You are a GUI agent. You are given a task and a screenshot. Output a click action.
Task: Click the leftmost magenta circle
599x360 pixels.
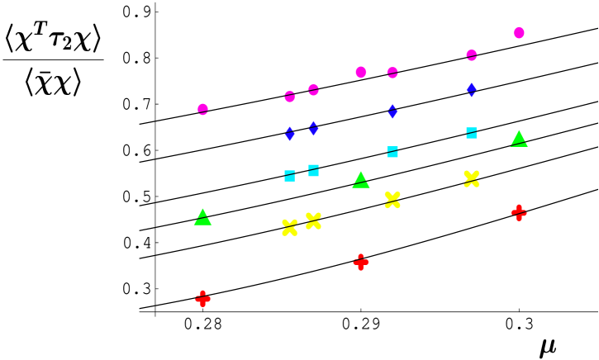coord(202,109)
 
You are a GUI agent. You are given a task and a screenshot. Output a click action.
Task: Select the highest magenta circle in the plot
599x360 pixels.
coord(519,33)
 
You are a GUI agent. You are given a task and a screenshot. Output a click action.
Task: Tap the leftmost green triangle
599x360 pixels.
coord(202,217)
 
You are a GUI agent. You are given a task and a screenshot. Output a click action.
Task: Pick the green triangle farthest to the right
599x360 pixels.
coord(519,139)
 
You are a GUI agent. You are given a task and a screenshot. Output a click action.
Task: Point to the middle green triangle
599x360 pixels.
coord(361,180)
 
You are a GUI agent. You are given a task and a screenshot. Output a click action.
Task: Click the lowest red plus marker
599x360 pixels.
coord(202,299)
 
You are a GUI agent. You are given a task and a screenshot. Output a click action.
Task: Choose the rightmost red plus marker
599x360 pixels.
coord(519,213)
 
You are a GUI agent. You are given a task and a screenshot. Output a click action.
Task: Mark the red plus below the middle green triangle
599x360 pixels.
coord(361,263)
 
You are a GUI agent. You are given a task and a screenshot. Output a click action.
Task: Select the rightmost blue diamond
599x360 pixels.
coord(471,89)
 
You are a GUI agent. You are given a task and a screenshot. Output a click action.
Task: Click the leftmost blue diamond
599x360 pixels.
coord(289,134)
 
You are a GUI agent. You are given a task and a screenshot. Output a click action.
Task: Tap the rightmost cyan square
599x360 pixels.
coord(471,133)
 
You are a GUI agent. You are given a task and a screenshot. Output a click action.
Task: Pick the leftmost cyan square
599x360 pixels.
coord(289,176)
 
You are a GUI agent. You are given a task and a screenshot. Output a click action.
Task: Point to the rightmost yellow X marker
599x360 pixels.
coord(471,179)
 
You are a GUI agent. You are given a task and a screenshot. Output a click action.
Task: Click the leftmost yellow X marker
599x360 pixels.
coord(289,228)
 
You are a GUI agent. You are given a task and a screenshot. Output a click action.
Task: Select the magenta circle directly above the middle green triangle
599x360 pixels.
coord(361,73)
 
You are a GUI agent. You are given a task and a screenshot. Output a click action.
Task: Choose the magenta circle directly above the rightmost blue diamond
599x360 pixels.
coord(471,55)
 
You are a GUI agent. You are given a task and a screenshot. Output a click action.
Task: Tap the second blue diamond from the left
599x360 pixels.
coord(313,128)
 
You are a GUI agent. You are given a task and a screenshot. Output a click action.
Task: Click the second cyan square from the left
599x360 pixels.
coord(313,171)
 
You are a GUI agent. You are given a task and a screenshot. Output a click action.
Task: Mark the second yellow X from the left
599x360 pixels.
coord(313,221)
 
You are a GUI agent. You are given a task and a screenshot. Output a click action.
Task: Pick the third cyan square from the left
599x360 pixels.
coord(392,152)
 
